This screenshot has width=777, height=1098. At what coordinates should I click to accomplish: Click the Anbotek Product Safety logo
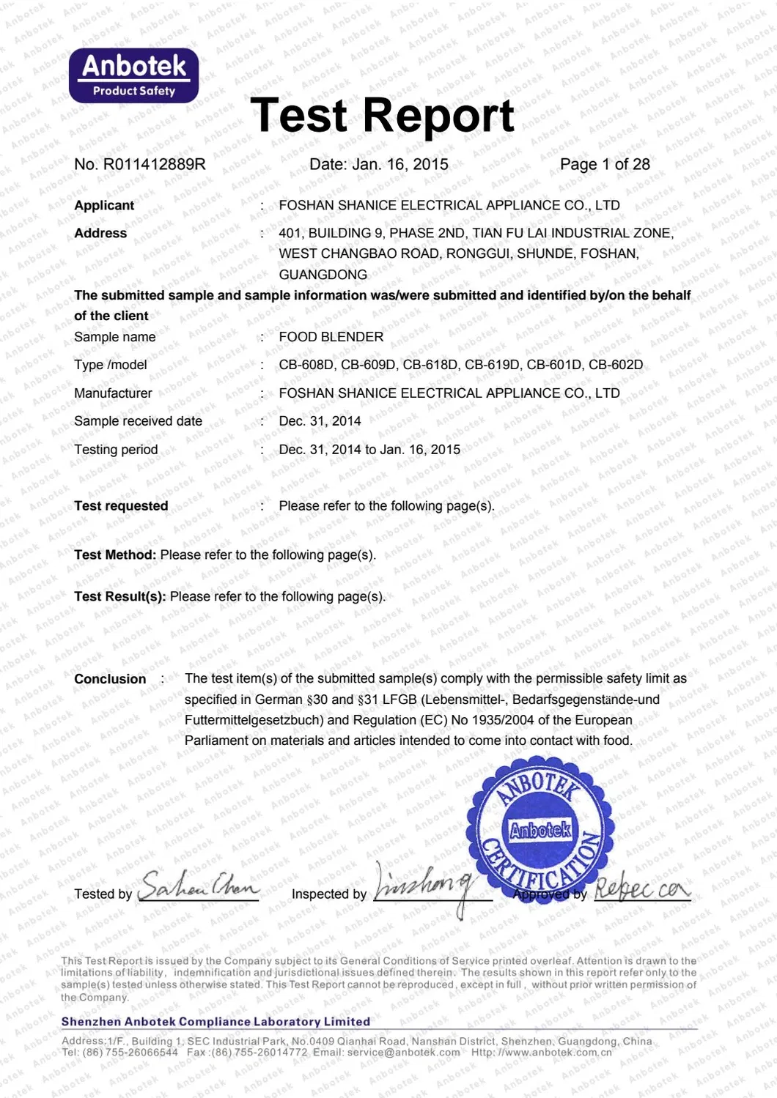tap(133, 75)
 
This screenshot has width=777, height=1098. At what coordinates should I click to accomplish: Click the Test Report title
tap(382, 115)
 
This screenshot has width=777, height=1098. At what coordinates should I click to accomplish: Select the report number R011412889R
tap(154, 164)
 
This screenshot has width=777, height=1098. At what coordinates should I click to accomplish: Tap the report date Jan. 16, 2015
tap(400, 164)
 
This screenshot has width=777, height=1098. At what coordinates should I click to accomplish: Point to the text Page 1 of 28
tap(605, 164)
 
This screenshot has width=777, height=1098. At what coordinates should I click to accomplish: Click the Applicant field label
tap(104, 205)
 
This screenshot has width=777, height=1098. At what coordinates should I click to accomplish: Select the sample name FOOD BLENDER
tap(331, 337)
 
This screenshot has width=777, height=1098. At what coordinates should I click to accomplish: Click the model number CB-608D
tap(306, 365)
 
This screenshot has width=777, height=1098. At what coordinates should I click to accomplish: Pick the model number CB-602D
tap(616, 365)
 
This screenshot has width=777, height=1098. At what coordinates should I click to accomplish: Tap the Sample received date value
tap(320, 421)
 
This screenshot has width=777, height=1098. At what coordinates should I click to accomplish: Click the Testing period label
tap(116, 450)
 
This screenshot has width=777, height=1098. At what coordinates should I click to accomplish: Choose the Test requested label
tap(121, 506)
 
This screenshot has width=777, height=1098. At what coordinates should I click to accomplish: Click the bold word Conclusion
tap(110, 679)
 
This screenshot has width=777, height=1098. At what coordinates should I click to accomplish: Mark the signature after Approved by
tap(641, 889)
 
